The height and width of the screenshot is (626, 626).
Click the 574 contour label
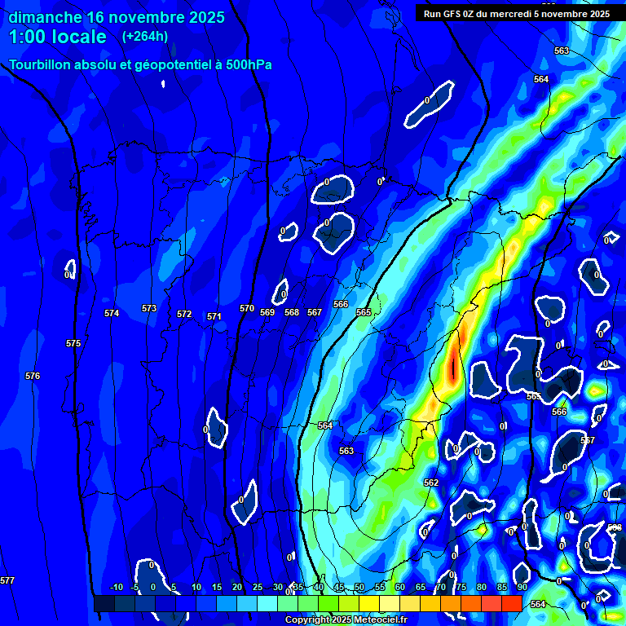(112, 313)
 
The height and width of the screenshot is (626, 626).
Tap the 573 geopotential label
(149, 308)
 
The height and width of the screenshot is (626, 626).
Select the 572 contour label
(184, 314)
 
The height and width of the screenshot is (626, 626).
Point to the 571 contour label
(214, 316)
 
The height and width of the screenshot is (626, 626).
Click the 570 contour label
(247, 308)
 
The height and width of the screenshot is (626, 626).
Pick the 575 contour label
(73, 343)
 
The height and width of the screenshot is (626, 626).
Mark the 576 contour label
(33, 376)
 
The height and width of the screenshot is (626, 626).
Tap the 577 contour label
(7, 580)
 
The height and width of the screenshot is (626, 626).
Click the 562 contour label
(431, 483)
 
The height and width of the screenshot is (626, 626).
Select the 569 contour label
(267, 312)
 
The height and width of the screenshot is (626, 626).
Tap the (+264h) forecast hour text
(145, 37)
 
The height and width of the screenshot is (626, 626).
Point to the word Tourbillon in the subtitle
(41, 64)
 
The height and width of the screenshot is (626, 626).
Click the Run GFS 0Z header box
(517, 13)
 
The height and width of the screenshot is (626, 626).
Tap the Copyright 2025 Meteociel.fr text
(346, 619)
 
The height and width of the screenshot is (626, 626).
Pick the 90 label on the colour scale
(522, 587)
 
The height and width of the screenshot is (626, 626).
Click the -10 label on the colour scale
(116, 587)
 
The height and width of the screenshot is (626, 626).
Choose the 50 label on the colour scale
(359, 587)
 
